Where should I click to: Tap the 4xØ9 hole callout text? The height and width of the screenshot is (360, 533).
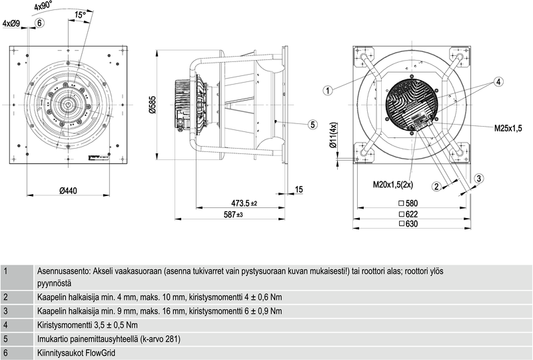(x=12, y=23)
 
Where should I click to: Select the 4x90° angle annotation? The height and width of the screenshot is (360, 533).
(x=42, y=6)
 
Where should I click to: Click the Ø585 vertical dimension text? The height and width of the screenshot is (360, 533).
(x=152, y=105)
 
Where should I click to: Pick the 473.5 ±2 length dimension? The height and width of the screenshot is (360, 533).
(x=244, y=203)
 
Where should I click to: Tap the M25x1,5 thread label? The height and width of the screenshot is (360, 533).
(x=508, y=127)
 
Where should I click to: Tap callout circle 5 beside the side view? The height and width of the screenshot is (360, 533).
(x=312, y=124)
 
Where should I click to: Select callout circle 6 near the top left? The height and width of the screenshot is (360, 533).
(x=39, y=23)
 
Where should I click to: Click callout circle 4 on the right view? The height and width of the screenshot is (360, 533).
(x=498, y=81)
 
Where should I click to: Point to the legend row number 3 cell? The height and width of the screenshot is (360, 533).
(x=6, y=311)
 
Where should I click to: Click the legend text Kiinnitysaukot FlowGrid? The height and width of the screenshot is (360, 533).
(x=77, y=353)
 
